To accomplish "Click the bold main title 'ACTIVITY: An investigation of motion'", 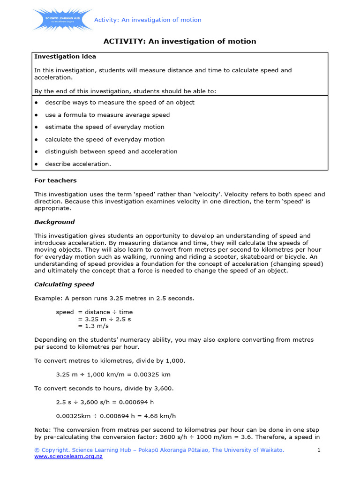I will coord(180,41).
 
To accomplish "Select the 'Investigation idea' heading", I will coord(65,57).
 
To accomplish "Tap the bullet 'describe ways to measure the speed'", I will coord(120,103).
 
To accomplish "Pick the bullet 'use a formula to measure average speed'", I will coord(107,115).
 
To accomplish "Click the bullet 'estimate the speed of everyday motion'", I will coord(105,127).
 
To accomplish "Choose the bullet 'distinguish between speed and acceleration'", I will coord(111,151).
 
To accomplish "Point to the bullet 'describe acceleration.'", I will coord(78,164).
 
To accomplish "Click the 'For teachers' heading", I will coord(55,180).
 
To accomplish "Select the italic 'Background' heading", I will coord(54,222).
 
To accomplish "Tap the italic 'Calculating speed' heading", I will coord(64,285).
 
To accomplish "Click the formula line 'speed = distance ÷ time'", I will coord(94,312).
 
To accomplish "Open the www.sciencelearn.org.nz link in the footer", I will coord(68,457).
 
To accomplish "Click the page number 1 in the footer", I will coord(319,450).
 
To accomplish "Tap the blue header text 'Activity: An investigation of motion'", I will coord(148,20).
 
